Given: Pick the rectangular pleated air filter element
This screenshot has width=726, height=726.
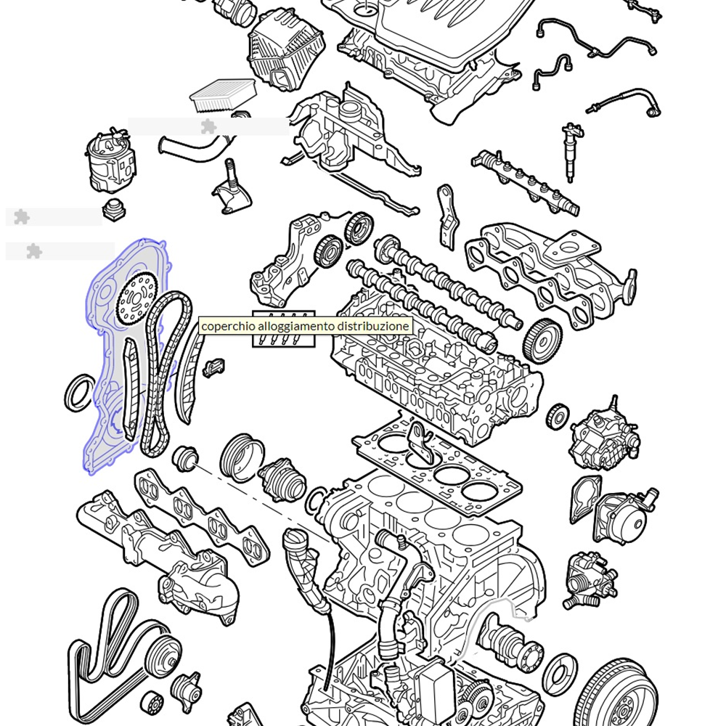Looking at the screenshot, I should point(222,94).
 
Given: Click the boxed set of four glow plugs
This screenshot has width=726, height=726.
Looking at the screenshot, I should point(284,330).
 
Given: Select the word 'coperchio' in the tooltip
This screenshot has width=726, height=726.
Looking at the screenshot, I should point(227,326).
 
